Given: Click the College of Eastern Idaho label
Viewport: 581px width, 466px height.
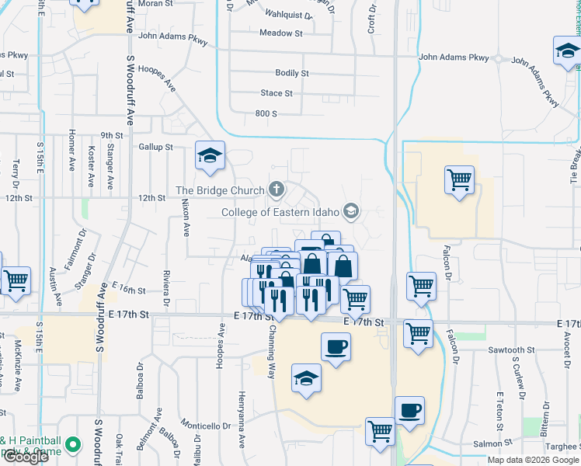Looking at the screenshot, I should (x=281, y=212).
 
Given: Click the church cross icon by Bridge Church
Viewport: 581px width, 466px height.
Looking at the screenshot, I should (x=276, y=189).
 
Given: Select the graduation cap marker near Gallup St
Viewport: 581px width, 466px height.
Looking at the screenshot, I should (x=210, y=156).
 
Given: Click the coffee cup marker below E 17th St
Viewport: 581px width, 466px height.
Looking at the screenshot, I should (x=336, y=346).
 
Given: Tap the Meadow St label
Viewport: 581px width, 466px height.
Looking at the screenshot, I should (x=281, y=33).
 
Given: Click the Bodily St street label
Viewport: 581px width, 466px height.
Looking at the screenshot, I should (x=292, y=73).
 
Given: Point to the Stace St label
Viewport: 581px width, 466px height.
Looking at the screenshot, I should (x=277, y=93).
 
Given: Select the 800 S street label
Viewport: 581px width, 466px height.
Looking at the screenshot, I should (x=266, y=113).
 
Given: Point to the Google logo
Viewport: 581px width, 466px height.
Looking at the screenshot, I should (x=25, y=457).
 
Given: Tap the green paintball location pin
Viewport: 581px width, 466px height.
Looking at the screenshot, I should (x=73, y=445).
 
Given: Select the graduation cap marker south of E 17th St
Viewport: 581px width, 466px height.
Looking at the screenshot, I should (x=307, y=380).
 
